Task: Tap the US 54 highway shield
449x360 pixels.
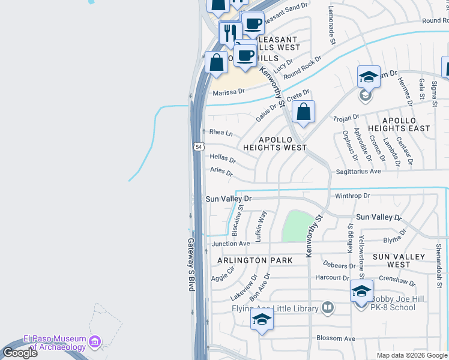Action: tap(198, 146)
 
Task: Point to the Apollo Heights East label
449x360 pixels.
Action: tap(406, 124)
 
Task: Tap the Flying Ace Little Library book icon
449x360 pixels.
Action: tap(327, 308)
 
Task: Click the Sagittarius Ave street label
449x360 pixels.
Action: tap(359, 171)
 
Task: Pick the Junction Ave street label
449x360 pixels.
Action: tap(231, 244)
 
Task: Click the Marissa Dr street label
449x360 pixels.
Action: tap(229, 92)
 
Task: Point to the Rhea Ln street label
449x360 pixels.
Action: tap(220, 133)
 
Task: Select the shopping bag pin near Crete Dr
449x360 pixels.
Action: tap(304, 112)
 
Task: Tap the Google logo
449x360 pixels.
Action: tap(19, 353)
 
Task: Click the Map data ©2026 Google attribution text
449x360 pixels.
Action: tap(411, 355)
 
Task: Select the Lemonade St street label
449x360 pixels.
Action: tap(331, 25)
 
